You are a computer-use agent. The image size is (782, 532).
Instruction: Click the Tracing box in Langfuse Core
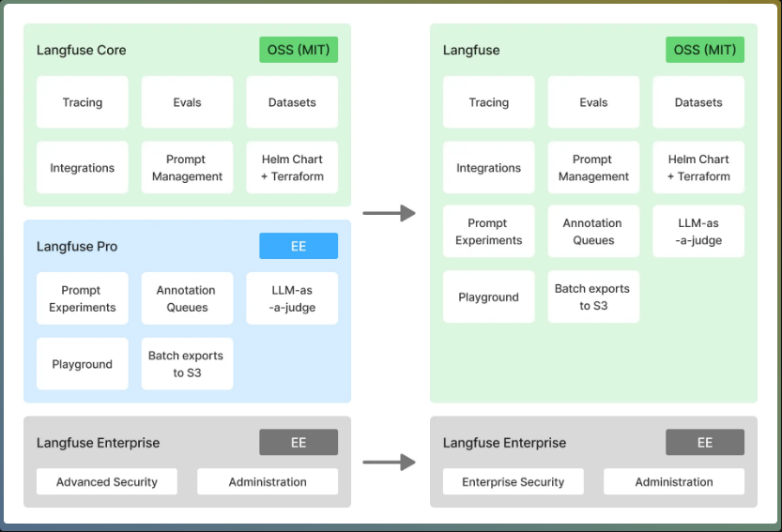[83, 102]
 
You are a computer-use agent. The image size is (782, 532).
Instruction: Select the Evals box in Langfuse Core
[187, 102]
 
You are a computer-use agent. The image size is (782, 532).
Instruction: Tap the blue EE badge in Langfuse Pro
[299, 246]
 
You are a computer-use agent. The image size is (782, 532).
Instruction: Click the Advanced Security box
[107, 482]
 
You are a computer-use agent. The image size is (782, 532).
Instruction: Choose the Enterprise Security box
[514, 482]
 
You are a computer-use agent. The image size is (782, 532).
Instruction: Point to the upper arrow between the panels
[389, 214]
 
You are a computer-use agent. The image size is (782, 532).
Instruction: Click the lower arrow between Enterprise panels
[389, 462]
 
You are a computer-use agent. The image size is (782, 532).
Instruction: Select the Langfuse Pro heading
[77, 247]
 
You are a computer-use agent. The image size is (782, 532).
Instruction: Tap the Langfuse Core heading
[82, 50]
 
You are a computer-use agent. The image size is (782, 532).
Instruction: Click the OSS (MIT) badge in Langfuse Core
[299, 50]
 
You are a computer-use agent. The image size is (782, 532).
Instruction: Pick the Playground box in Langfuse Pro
[83, 364]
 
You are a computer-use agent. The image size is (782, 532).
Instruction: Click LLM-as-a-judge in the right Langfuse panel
[698, 232]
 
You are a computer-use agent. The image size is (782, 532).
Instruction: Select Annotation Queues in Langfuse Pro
[187, 298]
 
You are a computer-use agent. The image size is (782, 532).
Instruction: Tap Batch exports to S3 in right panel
[593, 296]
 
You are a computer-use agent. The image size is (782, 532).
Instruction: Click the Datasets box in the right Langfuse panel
[698, 102]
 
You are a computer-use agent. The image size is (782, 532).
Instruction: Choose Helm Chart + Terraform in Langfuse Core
[292, 168]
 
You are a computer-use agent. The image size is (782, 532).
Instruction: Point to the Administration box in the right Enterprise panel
[674, 482]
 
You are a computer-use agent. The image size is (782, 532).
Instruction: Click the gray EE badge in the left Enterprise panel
[299, 443]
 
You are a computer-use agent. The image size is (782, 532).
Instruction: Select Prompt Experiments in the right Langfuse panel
[489, 232]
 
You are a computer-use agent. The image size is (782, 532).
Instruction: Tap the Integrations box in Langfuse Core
[83, 168]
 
